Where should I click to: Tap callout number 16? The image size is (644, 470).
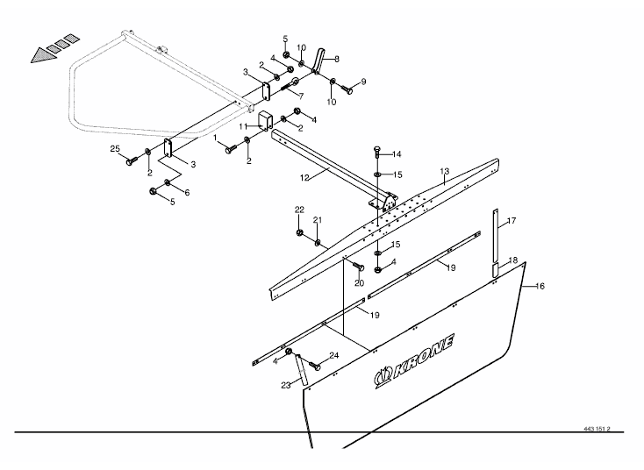pyautogui.click(x=540, y=286)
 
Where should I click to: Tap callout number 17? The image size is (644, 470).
pyautogui.click(x=512, y=220)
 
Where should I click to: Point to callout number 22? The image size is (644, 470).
pyautogui.click(x=299, y=210)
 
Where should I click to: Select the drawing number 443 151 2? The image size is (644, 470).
pyautogui.click(x=596, y=430)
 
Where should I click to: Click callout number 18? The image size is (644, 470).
pyautogui.click(x=512, y=260)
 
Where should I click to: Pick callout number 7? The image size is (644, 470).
pyautogui.click(x=301, y=95)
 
